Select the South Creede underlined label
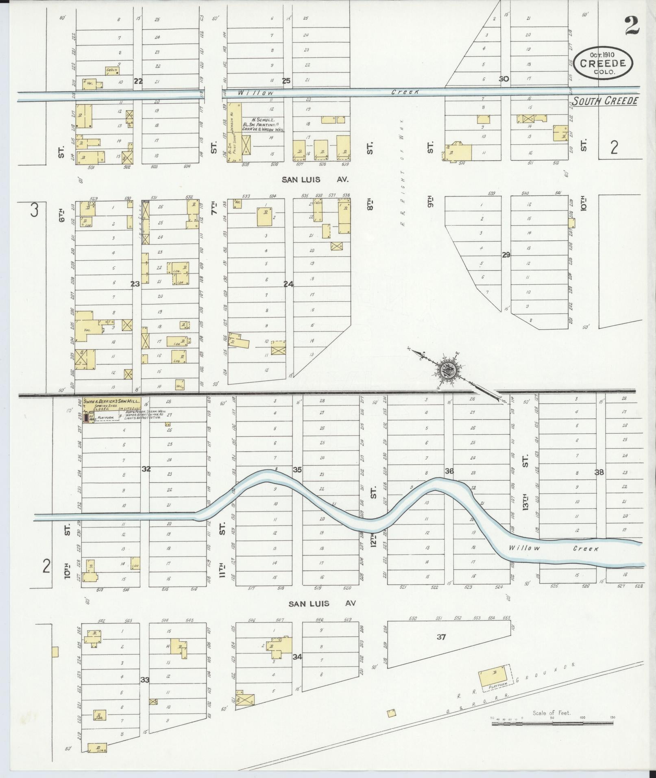[x=605, y=101]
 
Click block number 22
[x=138, y=81]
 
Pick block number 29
[x=506, y=255]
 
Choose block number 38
[x=599, y=472]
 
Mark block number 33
[x=145, y=680]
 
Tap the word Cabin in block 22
[x=111, y=70]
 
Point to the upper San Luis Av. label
[x=316, y=179]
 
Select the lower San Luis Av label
[x=322, y=604]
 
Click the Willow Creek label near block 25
[x=256, y=93]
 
